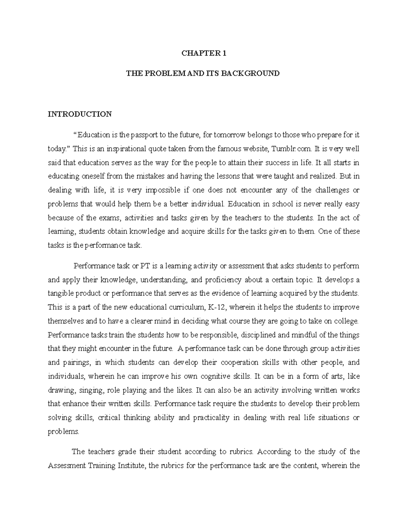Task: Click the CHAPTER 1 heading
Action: coord(204,53)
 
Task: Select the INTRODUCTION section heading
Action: coord(80,114)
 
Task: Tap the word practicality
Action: coord(211,418)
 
